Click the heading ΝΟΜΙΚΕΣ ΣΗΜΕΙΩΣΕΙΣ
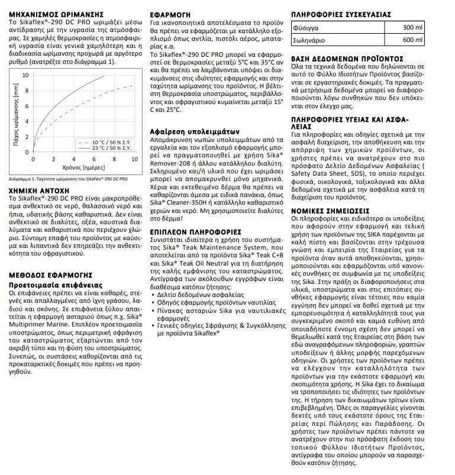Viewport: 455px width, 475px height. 330,210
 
